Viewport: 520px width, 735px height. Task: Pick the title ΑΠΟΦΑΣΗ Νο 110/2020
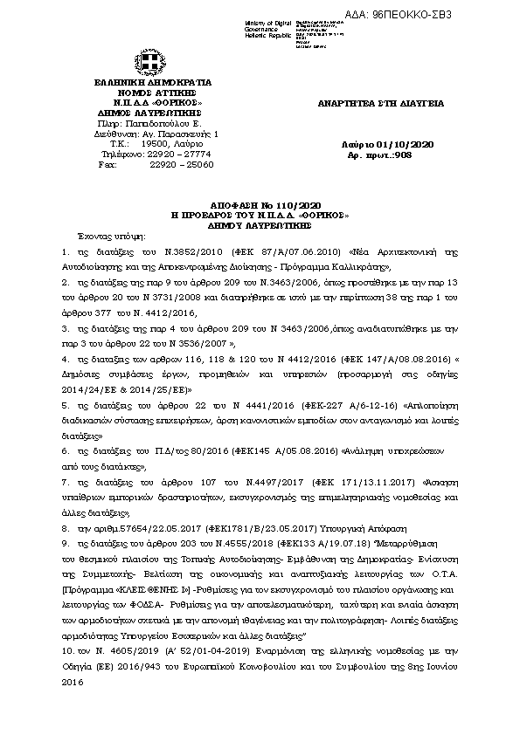click(259, 202)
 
